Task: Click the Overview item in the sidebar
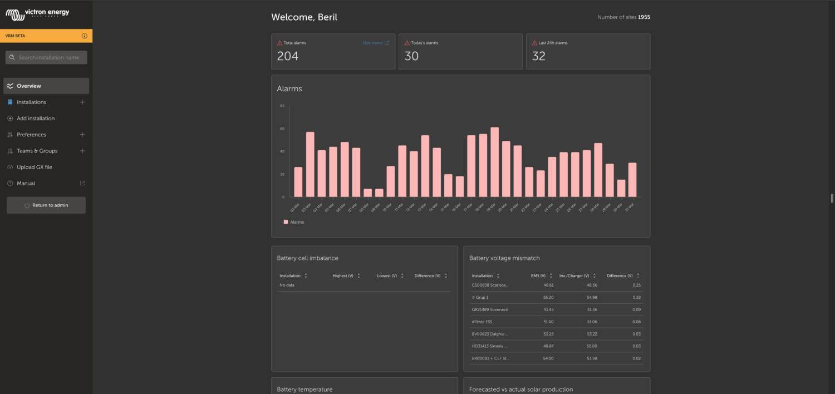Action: [29, 86]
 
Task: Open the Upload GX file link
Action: [35, 167]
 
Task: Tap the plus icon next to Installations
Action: [82, 102]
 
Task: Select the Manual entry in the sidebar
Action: [26, 183]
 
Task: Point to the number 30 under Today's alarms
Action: [411, 56]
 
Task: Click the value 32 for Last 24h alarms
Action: [538, 56]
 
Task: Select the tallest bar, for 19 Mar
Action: [494, 162]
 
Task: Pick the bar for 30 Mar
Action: [621, 188]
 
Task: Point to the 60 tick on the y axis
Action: [282, 129]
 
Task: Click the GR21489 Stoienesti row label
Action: [490, 309]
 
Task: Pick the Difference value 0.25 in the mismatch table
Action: [633, 285]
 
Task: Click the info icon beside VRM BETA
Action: [85, 36]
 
